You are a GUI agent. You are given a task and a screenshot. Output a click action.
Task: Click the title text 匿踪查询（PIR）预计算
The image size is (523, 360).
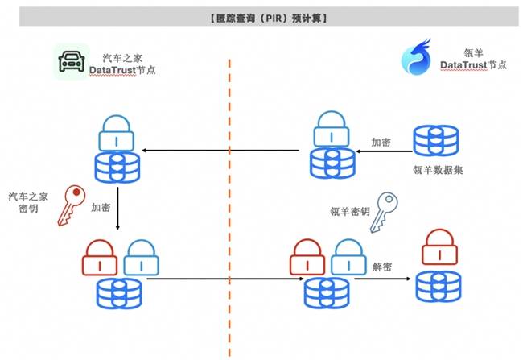click(x=269, y=18)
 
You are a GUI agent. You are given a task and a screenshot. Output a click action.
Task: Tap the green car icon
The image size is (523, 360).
click(x=72, y=61)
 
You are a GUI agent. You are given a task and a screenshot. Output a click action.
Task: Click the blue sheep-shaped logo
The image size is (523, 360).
click(x=416, y=56)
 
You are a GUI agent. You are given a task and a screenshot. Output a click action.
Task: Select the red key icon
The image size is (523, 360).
click(x=71, y=205)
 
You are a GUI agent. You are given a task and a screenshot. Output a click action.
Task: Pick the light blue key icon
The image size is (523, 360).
click(x=384, y=213)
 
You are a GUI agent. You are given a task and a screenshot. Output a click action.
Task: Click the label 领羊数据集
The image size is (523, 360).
click(x=438, y=170)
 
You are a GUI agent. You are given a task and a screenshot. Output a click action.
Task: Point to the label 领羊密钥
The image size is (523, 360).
click(x=350, y=211)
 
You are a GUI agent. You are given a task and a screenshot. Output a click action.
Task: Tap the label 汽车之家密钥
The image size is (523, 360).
click(x=28, y=202)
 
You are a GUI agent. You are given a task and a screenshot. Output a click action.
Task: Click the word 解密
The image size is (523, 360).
click(x=382, y=267)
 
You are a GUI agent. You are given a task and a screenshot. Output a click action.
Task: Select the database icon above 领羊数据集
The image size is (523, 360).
click(x=436, y=140)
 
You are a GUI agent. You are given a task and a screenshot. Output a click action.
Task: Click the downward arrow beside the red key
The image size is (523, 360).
click(x=117, y=209)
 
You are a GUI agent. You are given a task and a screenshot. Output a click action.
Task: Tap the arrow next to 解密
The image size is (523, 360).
click(x=382, y=279)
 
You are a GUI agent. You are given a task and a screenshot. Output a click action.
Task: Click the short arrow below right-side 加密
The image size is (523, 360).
click(x=385, y=151)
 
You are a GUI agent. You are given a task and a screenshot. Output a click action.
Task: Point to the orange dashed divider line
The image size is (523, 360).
click(x=229, y=208)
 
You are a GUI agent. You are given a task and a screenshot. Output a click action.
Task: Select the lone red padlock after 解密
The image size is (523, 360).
click(x=439, y=246)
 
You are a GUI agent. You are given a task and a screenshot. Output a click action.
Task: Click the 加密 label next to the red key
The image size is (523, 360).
click(x=101, y=207)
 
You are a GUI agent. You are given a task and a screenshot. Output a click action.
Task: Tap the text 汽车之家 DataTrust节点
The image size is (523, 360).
click(x=122, y=64)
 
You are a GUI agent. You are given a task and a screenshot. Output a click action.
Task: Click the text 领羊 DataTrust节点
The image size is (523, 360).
click(x=473, y=59)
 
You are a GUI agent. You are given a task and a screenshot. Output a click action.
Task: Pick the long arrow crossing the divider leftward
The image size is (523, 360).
click(x=220, y=151)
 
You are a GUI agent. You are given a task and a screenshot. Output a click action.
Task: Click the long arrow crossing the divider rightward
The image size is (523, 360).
click(x=225, y=279)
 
